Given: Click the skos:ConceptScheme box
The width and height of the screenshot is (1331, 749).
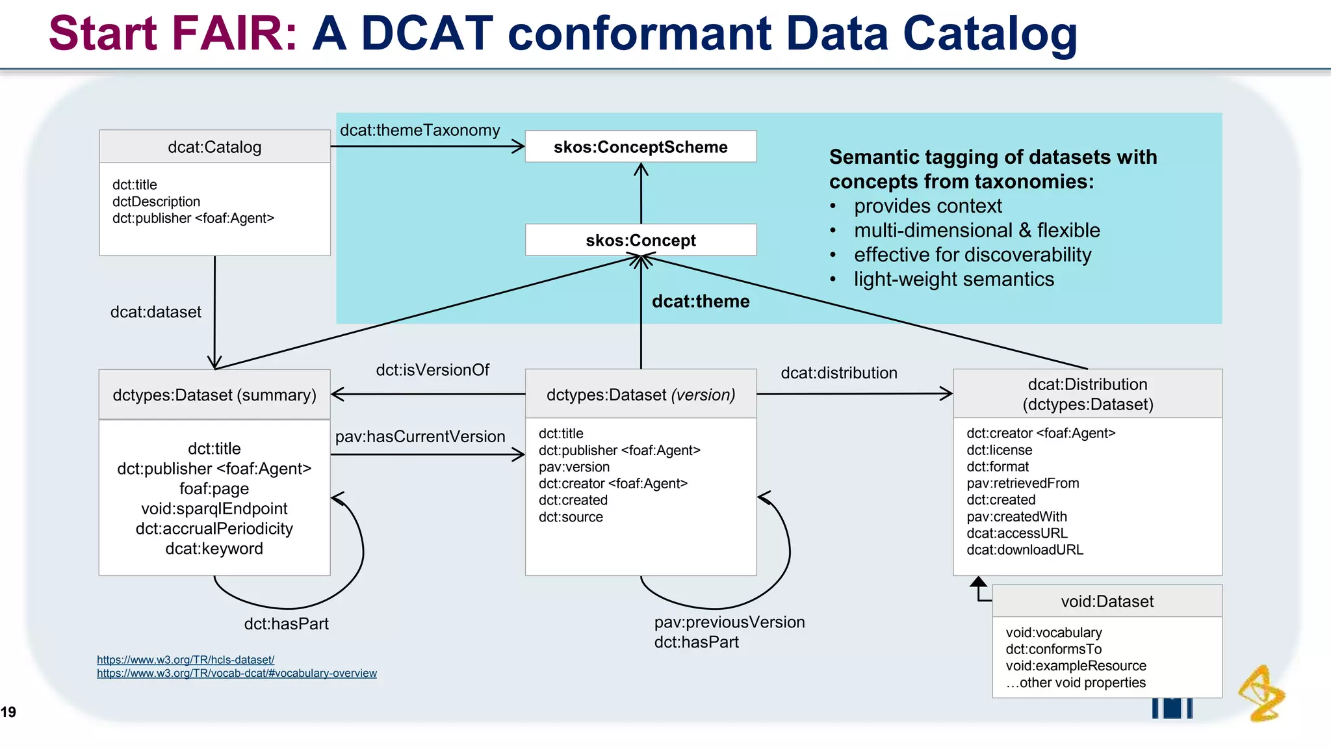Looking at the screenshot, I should coord(640,147).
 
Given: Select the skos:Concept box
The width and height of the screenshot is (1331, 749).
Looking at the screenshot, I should coord(640,240).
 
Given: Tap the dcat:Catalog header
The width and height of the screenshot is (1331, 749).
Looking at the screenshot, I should coord(214,147).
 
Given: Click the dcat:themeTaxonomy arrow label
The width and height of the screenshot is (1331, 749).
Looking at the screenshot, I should coord(420,130).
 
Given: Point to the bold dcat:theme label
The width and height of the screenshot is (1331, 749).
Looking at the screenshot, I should coord(700,301).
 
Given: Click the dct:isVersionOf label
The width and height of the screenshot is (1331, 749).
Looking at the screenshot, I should coord(432,370).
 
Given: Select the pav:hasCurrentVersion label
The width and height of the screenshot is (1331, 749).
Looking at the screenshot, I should coord(420,436).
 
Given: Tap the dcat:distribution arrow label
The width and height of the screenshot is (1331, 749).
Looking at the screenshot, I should coord(838,373).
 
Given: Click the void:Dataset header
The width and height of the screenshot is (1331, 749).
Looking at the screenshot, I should coord(1107,601).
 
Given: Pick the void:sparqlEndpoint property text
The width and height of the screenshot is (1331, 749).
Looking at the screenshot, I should coord(214,508).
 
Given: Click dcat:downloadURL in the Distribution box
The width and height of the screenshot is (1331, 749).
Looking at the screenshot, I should coord(1025,550).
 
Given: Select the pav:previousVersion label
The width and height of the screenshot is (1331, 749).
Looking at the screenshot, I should coord(729,622).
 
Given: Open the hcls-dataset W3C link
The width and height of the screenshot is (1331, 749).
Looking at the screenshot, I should coord(185,660).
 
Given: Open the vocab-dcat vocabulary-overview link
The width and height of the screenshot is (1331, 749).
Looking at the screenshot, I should coord(237,674).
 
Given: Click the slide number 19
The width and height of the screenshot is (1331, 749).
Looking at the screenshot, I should coord(8,712).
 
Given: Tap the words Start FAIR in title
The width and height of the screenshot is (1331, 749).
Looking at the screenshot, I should coord(172,33).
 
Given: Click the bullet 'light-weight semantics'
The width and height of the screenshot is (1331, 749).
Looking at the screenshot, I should coord(953,280).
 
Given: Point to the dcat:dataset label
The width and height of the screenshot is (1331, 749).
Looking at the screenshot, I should coord(155,312).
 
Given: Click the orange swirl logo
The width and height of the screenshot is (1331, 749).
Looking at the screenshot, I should coord(1261,693).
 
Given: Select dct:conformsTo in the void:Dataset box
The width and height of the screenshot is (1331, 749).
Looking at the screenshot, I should coord(1053,649).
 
